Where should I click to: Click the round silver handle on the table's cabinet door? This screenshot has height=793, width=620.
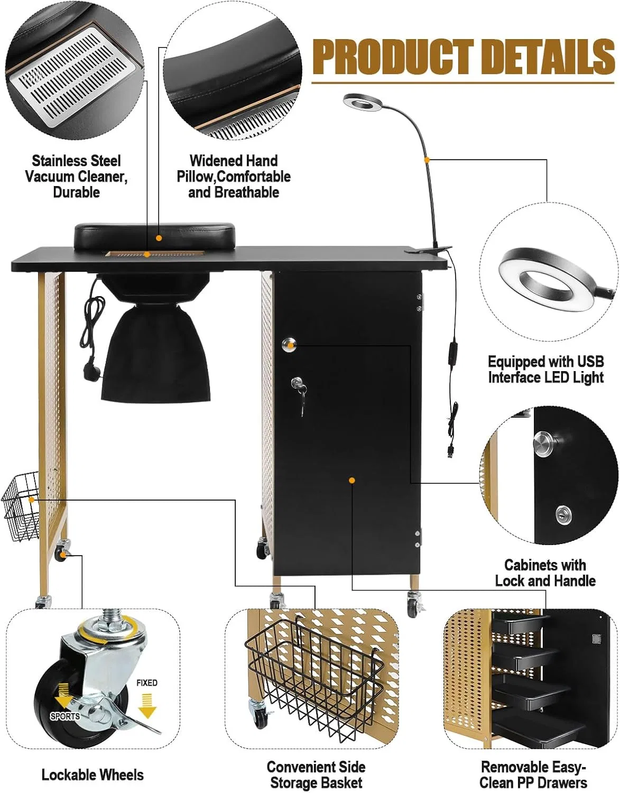pos(289,344)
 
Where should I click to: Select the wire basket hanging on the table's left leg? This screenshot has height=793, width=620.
pos(21,508)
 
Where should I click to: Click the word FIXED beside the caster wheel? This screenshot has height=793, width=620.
pos(146,683)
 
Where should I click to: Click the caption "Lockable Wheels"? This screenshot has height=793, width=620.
pos(92,774)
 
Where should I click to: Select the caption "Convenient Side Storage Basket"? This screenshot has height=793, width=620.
pos(316,774)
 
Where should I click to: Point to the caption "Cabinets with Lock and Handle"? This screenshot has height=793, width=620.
pos(545,573)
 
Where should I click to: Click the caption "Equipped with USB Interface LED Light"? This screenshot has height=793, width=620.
pos(546,370)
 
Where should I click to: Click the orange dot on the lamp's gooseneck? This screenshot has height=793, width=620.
pos(427,160)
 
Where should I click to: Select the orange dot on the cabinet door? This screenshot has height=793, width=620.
pos(351,480)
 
